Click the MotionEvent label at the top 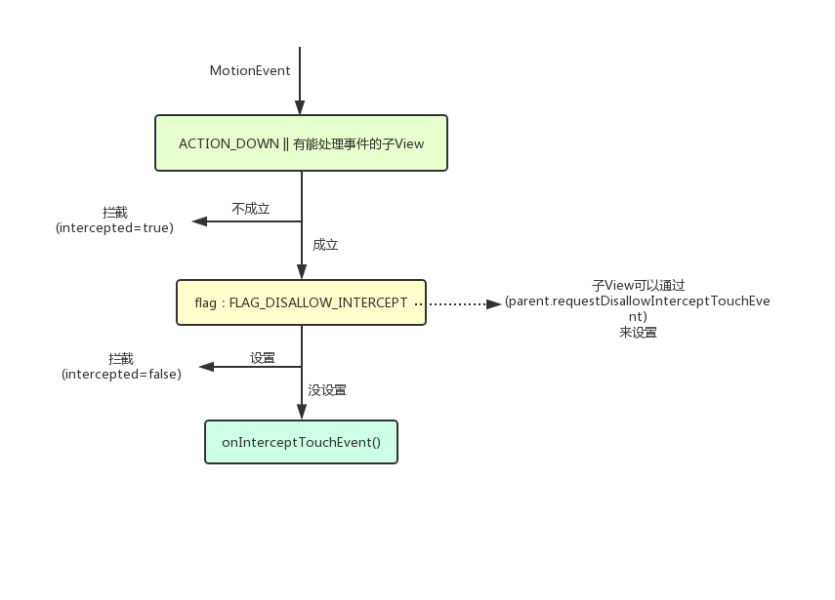(250, 70)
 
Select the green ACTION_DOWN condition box (301, 143)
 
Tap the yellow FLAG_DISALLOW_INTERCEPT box (301, 302)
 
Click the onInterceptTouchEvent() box (301, 442)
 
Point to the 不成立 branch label (250, 208)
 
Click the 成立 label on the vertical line (325, 245)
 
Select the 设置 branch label (262, 358)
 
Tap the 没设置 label (327, 389)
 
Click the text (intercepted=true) (114, 227)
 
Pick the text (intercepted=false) (121, 374)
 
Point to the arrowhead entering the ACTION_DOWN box (301, 108)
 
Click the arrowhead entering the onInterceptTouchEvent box (301, 413)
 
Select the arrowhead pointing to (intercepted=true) (199, 221)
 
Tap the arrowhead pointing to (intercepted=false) (205, 367)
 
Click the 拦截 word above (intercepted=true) (114, 212)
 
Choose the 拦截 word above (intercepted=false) (121, 358)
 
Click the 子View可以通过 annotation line (638, 286)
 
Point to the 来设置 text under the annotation (638, 333)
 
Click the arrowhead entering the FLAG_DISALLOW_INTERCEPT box (301, 273)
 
